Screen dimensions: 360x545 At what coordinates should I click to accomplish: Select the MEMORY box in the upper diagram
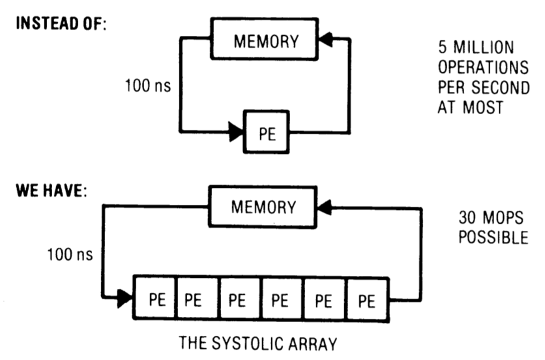pos(267,41)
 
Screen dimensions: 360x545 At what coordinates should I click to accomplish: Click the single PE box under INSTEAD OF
pos(267,132)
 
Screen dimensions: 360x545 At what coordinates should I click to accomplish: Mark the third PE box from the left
pos(238,301)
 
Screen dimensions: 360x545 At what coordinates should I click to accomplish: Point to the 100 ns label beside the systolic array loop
pos(69,253)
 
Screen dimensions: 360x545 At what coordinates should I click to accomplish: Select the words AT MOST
pos(470,107)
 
